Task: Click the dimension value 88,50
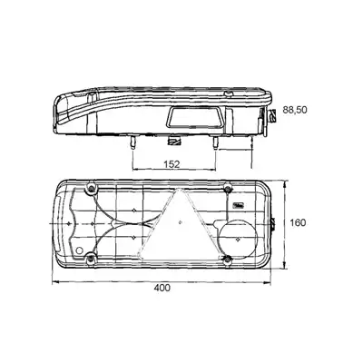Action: click(x=295, y=110)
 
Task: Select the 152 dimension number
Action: click(x=172, y=164)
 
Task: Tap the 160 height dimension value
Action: click(x=298, y=223)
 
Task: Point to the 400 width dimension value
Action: click(x=162, y=288)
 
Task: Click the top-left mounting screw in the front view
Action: click(x=91, y=189)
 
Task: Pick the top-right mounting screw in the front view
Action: click(x=229, y=189)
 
